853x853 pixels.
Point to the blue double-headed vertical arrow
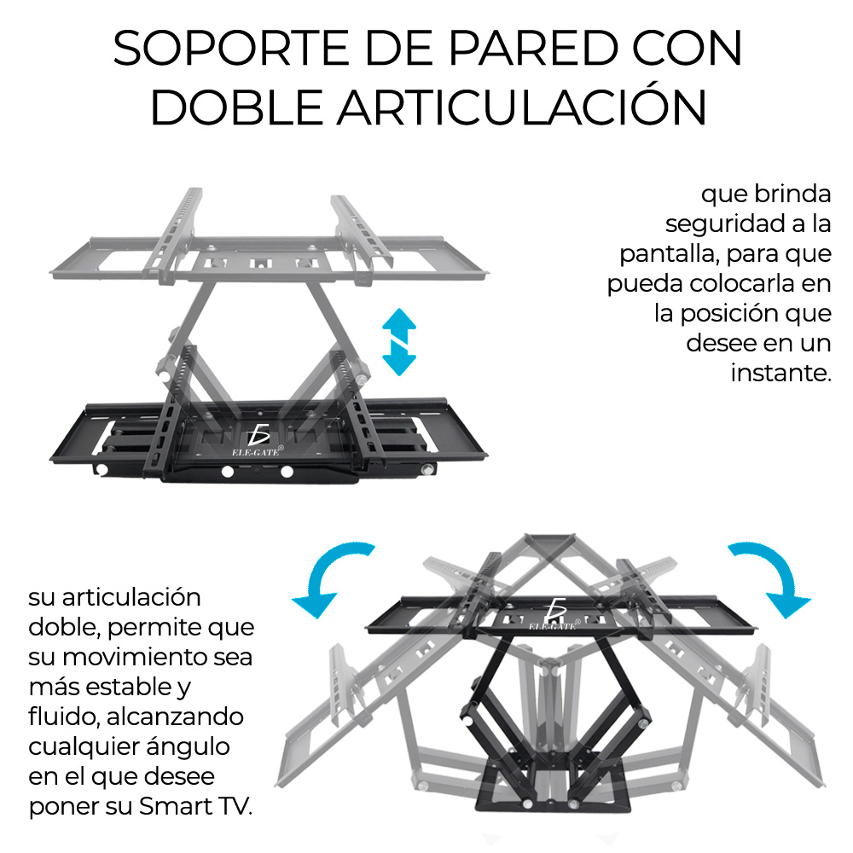398,342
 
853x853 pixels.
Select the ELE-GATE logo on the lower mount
555,614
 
